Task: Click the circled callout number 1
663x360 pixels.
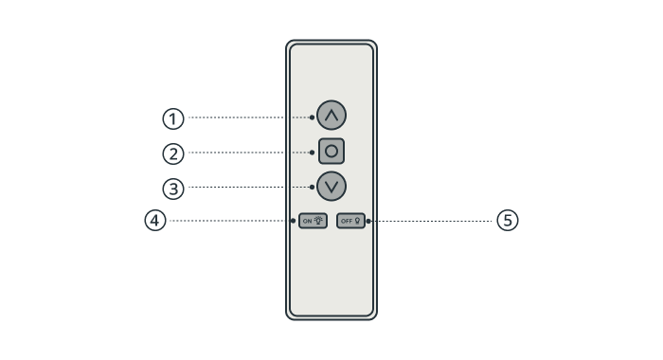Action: point(173,118)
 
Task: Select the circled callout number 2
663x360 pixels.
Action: point(173,154)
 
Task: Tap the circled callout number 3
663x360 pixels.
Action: point(173,189)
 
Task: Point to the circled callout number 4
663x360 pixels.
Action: point(155,221)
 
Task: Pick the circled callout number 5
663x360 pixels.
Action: point(508,221)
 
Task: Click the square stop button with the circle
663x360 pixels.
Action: point(331,151)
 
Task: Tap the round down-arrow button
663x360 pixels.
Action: point(331,186)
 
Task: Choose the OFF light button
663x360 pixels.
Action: point(351,221)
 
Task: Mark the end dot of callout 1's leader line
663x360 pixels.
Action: point(312,117)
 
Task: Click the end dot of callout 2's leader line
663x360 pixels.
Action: point(312,153)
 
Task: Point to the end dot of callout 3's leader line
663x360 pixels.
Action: point(312,187)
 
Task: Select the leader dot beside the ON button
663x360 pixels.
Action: point(293,221)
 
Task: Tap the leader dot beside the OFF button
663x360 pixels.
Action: point(368,221)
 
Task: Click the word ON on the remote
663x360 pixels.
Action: point(308,222)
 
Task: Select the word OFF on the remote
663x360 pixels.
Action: point(347,222)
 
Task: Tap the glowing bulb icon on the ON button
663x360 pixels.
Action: point(318,221)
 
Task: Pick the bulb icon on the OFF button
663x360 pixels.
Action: point(357,221)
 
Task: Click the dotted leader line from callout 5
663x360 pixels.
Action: point(431,221)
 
